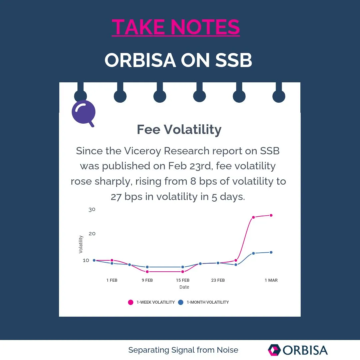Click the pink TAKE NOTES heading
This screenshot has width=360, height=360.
coord(176,27)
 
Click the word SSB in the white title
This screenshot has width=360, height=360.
coord(233,60)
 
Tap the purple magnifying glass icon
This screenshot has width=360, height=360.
coord(84,113)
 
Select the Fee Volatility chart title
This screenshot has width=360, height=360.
coord(179,129)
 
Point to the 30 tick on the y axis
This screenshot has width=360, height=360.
coord(92,209)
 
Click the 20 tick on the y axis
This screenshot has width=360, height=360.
coord(92,233)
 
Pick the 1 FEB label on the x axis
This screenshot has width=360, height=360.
coord(112,280)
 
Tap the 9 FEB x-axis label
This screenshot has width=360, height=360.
coord(147,280)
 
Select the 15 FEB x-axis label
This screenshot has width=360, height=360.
coord(183,280)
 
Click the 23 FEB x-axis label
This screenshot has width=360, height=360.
coord(218,280)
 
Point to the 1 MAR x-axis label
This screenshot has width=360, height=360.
coord(271,280)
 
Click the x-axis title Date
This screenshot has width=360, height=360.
coord(184,287)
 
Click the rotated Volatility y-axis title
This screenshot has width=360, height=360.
coord(81,244)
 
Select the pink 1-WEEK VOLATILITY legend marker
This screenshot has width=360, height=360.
coord(131,302)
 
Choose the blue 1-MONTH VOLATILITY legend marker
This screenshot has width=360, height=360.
coord(181,302)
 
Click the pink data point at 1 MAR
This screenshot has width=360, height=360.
coord(271,215)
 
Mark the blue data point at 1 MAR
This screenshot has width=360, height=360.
coord(271,252)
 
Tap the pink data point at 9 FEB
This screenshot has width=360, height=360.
coord(147,272)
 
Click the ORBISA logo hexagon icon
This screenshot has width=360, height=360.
coord(274,350)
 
